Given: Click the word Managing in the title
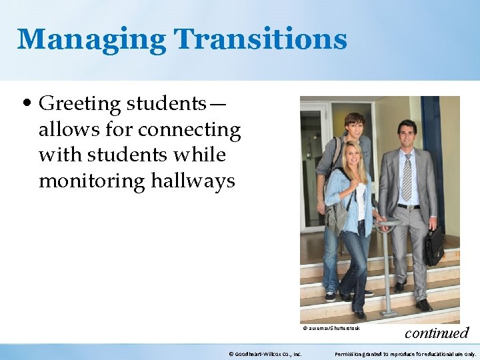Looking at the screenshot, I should (92, 39).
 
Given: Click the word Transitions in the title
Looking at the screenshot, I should (261, 39).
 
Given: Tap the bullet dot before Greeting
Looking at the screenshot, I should (26, 104).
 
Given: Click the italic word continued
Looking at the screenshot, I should (437, 333).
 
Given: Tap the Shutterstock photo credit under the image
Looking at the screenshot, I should (331, 328).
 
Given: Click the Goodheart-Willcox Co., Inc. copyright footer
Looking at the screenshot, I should (265, 353).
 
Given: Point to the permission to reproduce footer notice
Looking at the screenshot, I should (405, 353).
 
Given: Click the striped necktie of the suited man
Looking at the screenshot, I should (407, 177).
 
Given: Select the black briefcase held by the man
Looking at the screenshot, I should (434, 246).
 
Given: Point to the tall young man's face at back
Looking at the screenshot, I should (354, 127).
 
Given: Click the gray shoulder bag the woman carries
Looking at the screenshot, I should (338, 215).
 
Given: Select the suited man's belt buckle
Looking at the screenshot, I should (409, 207).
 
